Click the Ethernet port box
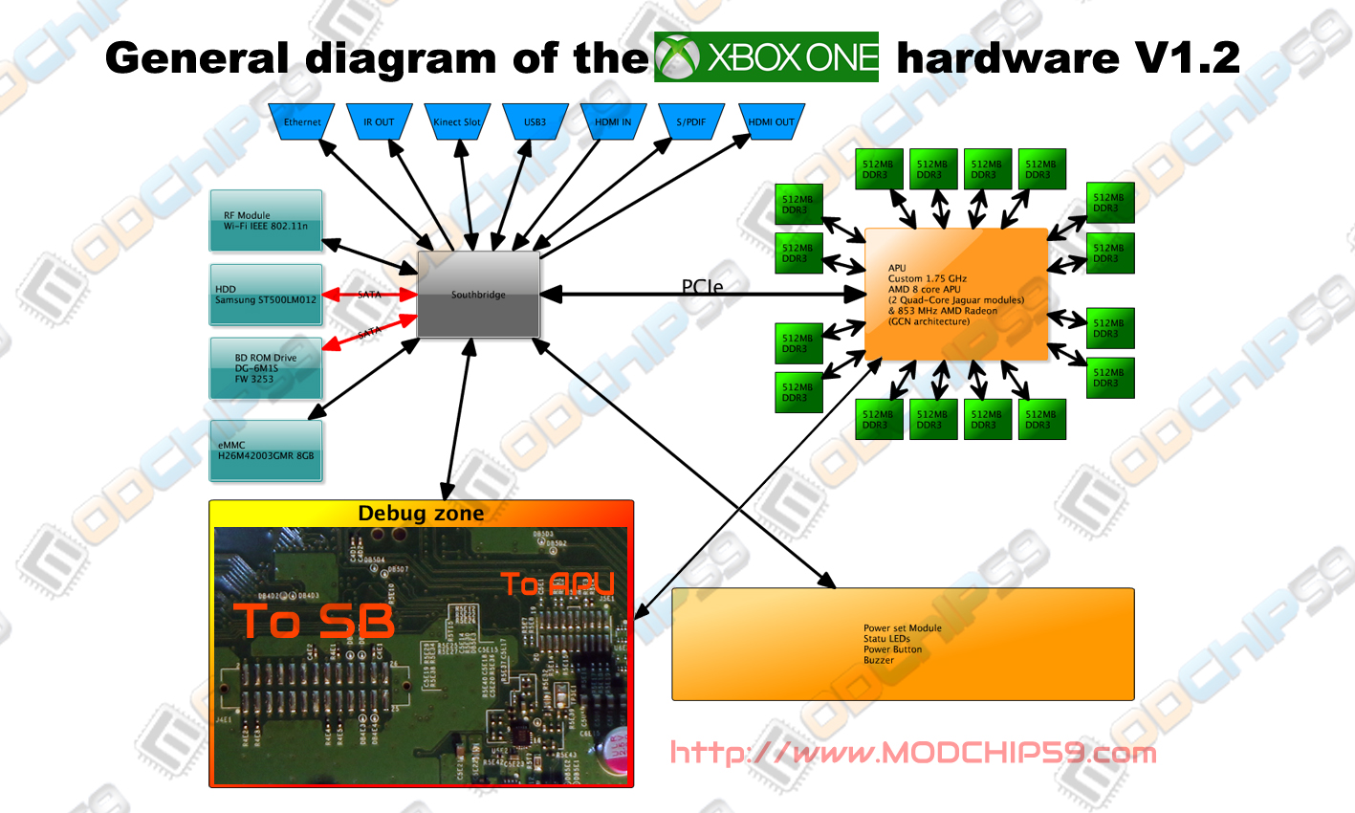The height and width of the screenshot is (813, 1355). tap(302, 122)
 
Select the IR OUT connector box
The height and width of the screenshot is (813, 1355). tap(379, 122)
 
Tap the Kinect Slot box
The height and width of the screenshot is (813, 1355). tap(457, 122)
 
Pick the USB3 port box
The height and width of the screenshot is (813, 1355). tap(535, 122)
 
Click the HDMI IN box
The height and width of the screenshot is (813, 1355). tap(613, 122)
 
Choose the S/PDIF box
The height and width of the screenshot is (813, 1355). tap(691, 122)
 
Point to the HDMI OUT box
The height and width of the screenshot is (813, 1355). tap(771, 122)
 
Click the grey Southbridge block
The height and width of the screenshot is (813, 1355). tap(478, 295)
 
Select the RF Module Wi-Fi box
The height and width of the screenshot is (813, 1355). tap(266, 221)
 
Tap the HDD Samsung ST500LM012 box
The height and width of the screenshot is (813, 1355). tap(266, 295)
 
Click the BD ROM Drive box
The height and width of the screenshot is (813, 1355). tap(266, 368)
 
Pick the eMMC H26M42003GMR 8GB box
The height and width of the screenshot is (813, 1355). tap(266, 450)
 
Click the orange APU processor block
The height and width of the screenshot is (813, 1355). tap(956, 295)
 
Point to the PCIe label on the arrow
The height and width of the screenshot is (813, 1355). tap(702, 286)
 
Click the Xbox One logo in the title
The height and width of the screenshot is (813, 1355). tap(766, 57)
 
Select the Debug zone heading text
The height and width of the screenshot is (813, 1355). tap(421, 514)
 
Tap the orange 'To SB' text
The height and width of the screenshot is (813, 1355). tap(314, 622)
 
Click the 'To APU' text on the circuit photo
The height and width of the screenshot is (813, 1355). tap(557, 583)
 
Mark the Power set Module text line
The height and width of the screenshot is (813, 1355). tap(902, 628)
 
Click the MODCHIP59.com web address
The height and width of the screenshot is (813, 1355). tap(912, 753)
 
